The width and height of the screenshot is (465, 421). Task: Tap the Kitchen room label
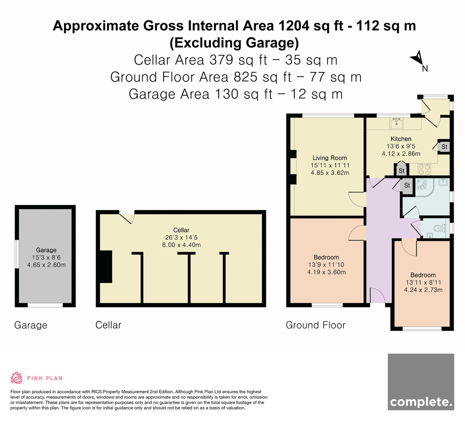[x=401, y=139]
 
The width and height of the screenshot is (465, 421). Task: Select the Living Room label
[x=330, y=158]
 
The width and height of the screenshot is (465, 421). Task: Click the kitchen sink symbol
[x=397, y=123]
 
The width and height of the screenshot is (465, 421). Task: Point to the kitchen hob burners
[x=424, y=169]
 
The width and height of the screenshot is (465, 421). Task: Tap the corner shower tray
[x=426, y=187]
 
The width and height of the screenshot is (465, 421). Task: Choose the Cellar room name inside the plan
[x=181, y=230]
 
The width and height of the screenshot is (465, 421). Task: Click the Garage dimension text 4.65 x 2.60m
[x=46, y=265]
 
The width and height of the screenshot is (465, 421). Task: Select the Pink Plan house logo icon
[x=16, y=378]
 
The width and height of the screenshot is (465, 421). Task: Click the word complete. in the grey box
[x=421, y=402]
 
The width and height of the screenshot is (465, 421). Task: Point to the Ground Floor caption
[x=315, y=325]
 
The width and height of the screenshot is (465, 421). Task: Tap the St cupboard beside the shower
[x=407, y=185]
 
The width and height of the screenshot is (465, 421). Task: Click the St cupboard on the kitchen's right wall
[x=444, y=147]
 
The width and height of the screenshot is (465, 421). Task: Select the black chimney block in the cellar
[x=106, y=267]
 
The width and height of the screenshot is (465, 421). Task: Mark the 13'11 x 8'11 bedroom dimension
[x=423, y=282]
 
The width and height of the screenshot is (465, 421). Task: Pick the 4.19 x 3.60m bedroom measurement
[x=326, y=272]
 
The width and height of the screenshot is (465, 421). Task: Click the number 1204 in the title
[x=294, y=26]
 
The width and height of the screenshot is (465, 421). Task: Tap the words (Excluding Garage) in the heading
[x=234, y=43]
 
